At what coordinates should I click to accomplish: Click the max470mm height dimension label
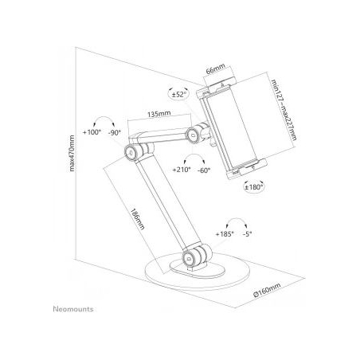point(72,153)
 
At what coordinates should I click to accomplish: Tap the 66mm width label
point(216,68)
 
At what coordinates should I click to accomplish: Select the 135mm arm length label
point(159,114)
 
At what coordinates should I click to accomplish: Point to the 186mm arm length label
point(137,219)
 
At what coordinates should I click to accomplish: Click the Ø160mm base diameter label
point(267,290)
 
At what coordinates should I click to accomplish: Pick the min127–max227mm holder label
point(284,110)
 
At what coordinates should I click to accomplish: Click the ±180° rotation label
point(254,187)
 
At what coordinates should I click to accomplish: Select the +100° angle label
point(92,132)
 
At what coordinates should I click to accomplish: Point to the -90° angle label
point(115,132)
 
